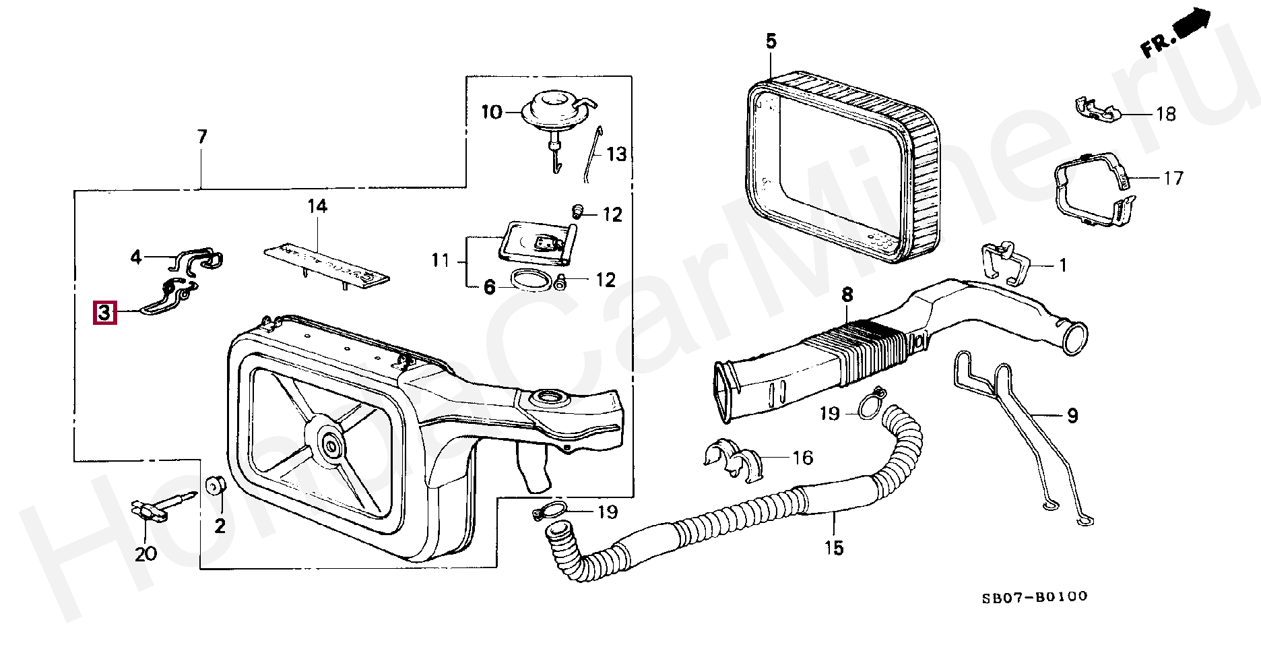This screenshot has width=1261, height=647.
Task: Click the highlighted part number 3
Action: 104,313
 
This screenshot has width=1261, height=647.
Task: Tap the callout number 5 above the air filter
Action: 771,42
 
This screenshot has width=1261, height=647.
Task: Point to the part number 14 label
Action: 317,206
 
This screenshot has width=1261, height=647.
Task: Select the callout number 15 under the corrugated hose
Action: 833,548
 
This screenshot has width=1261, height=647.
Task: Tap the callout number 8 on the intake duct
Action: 847,295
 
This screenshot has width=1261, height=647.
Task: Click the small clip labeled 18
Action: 1095,111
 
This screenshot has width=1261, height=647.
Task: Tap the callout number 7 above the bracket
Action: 201,137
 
